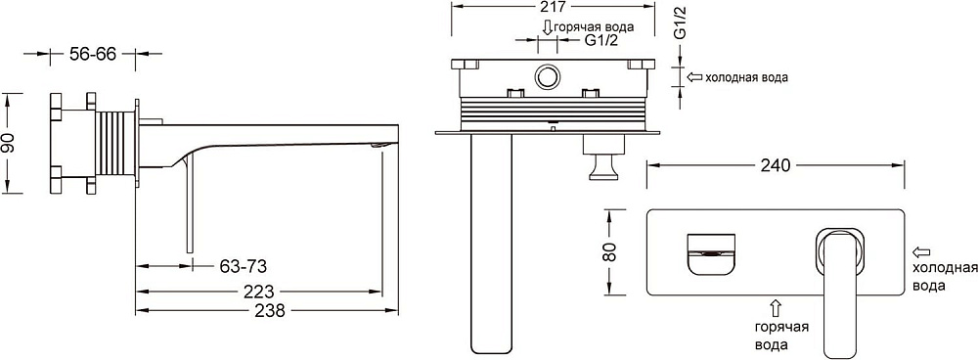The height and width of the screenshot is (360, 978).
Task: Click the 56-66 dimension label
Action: click(x=92, y=54)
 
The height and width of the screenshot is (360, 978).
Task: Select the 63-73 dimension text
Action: click(x=243, y=266)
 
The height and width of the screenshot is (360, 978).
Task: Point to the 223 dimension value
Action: click(x=259, y=292)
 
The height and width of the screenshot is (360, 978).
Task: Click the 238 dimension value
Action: click(x=269, y=310)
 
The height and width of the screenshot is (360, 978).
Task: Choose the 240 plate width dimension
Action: click(x=776, y=165)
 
